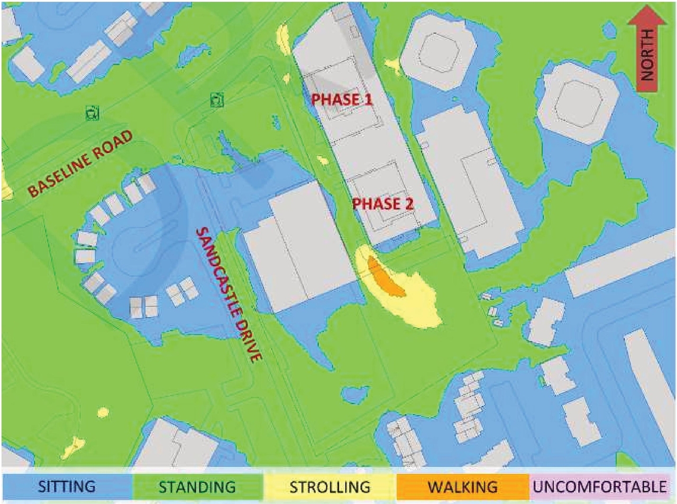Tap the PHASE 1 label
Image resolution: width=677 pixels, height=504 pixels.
[341, 99]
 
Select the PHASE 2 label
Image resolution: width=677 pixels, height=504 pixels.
[383, 203]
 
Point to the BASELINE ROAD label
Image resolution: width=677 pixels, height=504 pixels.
[80, 164]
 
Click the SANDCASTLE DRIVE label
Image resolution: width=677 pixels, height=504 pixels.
[229, 294]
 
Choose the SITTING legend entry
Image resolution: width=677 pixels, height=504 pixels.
[67, 487]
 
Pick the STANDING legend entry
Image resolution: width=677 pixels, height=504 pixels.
[197, 487]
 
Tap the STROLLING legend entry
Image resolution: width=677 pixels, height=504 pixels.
[330, 487]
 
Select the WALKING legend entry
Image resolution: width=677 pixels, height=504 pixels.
[463, 487]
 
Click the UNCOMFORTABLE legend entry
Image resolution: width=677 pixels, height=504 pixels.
[599, 487]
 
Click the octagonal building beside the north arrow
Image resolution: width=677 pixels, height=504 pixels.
[577, 102]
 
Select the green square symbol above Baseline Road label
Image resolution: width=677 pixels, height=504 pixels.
[93, 113]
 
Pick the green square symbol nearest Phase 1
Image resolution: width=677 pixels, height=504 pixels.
[217, 99]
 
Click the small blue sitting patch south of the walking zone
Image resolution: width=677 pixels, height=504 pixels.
[355, 393]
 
